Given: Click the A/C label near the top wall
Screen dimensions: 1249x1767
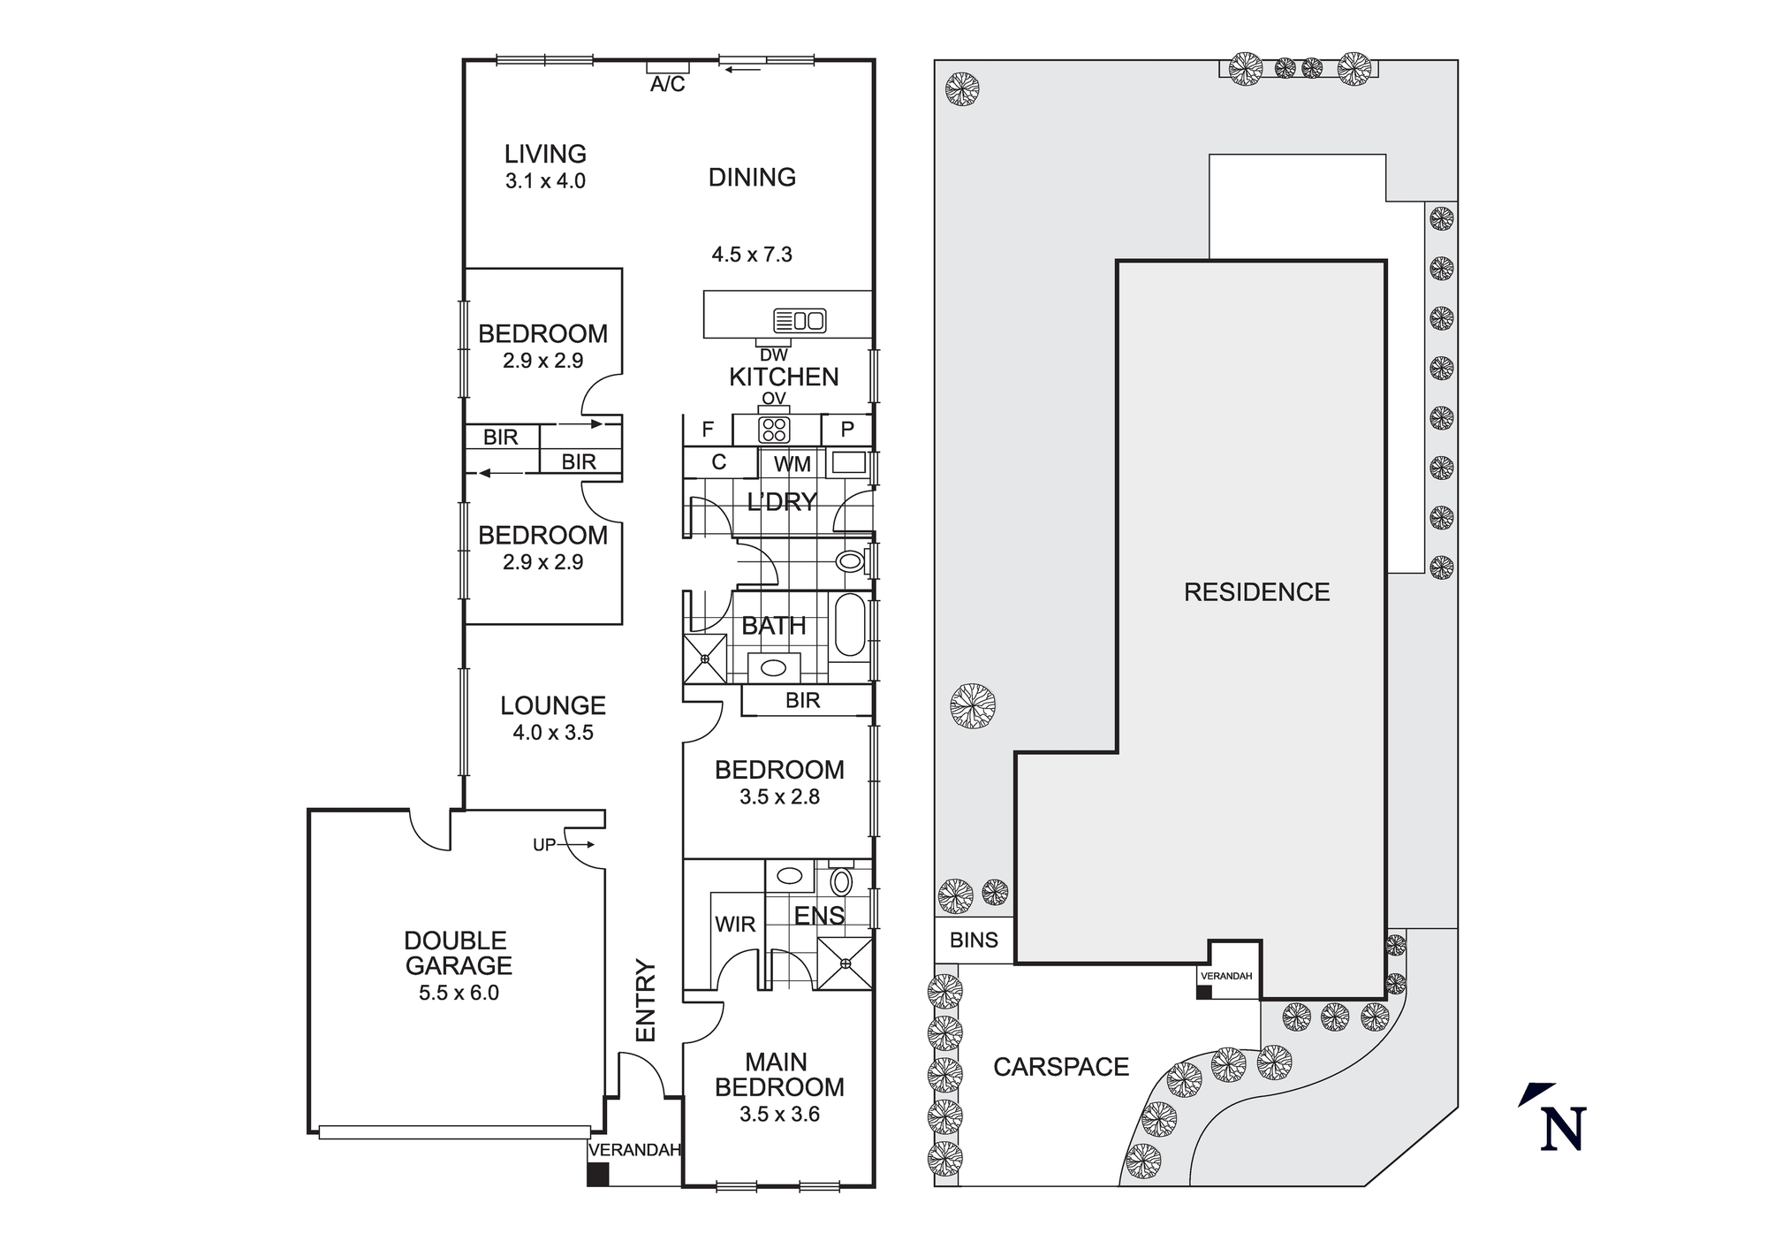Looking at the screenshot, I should tap(667, 85).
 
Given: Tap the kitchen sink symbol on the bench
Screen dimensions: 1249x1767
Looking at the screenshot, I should tap(799, 320).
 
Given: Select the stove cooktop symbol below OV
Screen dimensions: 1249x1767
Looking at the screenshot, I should tap(774, 430).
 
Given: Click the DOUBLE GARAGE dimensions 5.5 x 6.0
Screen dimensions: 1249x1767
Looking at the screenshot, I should tap(459, 993).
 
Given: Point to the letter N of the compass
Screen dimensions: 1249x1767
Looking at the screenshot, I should tap(1563, 1129).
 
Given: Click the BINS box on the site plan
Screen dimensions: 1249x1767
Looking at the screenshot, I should tap(974, 940).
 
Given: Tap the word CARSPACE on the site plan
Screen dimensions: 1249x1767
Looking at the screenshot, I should tap(1060, 1067).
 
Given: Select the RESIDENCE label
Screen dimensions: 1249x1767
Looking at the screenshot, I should tap(1256, 592).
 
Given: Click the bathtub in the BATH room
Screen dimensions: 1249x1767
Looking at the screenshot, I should tap(851, 625).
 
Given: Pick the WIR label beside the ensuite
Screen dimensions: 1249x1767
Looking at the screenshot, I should tap(735, 925).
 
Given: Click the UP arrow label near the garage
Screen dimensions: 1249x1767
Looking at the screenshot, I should tap(544, 845).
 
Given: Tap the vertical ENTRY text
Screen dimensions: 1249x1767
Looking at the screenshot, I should tap(647, 1001).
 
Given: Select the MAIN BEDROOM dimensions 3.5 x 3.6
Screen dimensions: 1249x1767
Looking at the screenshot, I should tap(779, 1115).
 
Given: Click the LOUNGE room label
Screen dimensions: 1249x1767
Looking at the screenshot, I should tap(553, 705).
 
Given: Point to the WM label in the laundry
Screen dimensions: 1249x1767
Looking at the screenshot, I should tap(792, 464).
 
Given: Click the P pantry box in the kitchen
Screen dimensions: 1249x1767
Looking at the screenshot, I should tap(846, 430).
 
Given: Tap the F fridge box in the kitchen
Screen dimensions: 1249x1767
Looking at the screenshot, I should tap(708, 430).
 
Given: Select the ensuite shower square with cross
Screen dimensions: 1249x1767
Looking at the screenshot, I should tap(844, 963).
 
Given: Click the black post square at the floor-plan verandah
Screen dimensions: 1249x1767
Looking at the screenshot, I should tap(598, 1174).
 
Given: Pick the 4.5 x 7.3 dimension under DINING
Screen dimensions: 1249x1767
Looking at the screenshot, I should tap(752, 255).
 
